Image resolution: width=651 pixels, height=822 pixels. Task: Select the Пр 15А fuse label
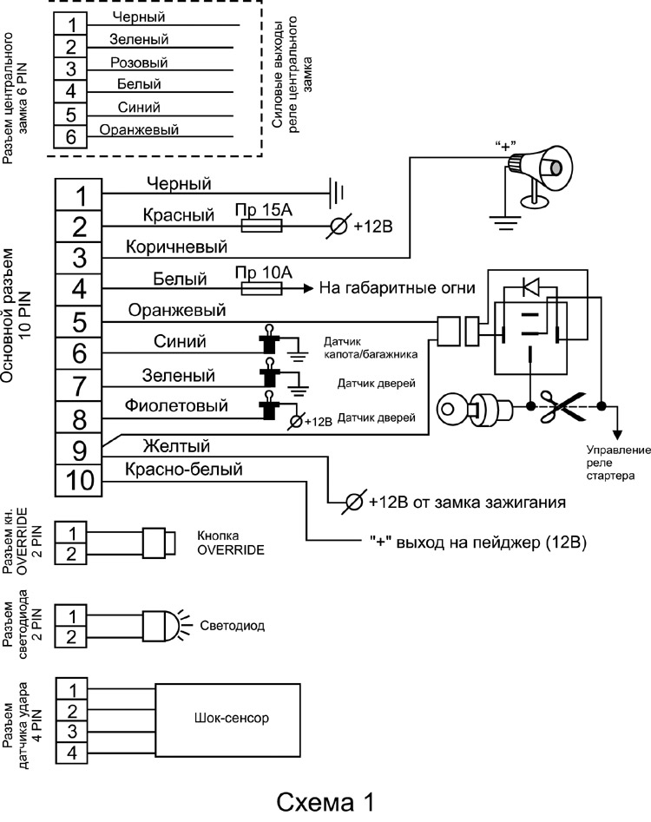pyautogui.click(x=260, y=211)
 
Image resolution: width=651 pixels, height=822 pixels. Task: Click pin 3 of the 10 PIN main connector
pyautogui.click(x=79, y=258)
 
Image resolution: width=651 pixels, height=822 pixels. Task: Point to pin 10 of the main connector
pyautogui.click(x=79, y=480)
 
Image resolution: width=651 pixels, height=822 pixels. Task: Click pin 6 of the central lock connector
pyautogui.click(x=71, y=136)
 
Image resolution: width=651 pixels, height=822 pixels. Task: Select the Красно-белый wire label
pyautogui.click(x=184, y=470)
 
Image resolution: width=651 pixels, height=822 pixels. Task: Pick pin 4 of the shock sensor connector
pyautogui.click(x=73, y=753)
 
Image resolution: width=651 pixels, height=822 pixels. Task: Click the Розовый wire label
pyautogui.click(x=139, y=62)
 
